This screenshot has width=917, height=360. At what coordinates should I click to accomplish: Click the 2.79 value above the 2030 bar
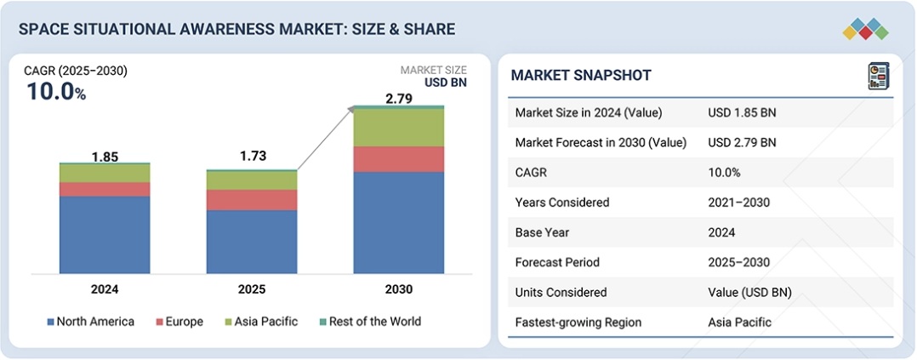pos(399,99)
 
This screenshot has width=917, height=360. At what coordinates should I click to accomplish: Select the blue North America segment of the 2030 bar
pos(399,222)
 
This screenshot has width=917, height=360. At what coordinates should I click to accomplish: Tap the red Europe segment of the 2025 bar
pos(252,200)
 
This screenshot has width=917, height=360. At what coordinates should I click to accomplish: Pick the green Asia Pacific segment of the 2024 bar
pos(105,174)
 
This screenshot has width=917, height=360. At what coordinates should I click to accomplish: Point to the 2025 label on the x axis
pos(252,289)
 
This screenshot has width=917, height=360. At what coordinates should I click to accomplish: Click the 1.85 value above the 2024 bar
pos(105,157)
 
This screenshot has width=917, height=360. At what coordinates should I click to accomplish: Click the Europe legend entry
pos(179,322)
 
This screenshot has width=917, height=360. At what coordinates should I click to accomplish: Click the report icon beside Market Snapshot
pos(878,76)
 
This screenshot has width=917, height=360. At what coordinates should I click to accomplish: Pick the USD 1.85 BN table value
pos(742,112)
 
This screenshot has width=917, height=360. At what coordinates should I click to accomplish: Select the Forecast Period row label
pos(556,262)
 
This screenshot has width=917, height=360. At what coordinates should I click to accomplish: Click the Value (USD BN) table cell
pos(749,292)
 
